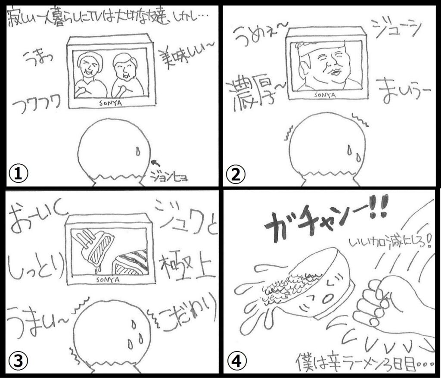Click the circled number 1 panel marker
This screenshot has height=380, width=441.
tap(18, 174)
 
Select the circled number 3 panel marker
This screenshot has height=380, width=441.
tap(18, 361)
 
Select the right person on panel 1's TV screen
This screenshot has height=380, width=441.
tap(126, 75)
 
